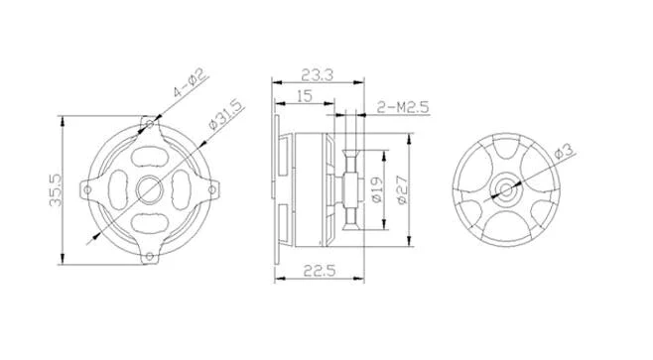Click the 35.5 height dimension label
click(x=56, y=190)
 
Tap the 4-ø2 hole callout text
click(x=190, y=83)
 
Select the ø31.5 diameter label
click(x=225, y=115)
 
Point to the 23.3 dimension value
click(x=318, y=75)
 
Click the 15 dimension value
click(x=305, y=96)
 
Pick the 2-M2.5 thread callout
click(x=403, y=107)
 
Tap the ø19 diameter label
click(x=376, y=189)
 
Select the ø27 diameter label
click(x=402, y=190)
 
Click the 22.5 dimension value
click(x=319, y=271)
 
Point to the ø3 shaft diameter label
click(x=564, y=150)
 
